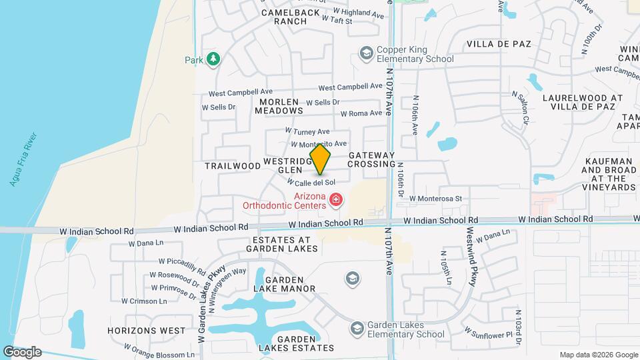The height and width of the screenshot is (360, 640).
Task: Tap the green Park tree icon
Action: coord(213,59)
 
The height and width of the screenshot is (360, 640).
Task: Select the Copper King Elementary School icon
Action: coord(365,53)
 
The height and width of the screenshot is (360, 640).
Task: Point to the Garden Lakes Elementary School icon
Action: coord(357,328)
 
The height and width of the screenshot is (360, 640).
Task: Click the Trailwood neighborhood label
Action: coord(232,165)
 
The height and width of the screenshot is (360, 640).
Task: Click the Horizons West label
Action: coord(147,331)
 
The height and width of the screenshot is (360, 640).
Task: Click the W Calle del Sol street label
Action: coord(311,182)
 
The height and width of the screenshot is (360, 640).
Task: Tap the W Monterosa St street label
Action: coord(435,198)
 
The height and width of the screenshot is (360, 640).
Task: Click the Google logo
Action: coord(22,351)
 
